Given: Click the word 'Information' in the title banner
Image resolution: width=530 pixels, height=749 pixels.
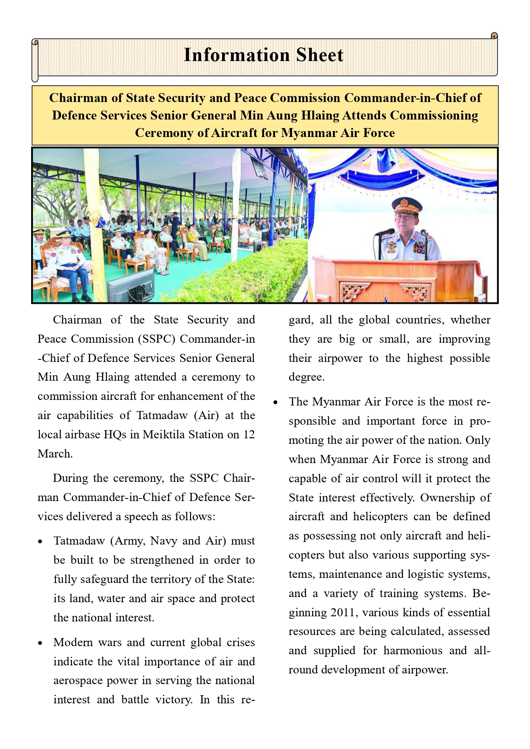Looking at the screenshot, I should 237,55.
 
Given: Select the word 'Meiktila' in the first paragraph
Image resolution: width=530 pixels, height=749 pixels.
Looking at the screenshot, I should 166,434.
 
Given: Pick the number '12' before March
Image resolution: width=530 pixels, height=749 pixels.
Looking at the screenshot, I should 249,434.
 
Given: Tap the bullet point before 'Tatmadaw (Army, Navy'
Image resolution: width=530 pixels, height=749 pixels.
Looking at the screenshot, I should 40,542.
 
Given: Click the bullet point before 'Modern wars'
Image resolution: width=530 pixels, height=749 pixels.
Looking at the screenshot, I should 40,643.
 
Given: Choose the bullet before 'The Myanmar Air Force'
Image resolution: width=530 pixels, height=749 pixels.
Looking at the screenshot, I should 275,402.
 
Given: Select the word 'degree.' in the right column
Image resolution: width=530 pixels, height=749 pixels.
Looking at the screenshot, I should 307,377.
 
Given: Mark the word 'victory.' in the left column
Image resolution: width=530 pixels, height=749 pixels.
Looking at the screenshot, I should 174,699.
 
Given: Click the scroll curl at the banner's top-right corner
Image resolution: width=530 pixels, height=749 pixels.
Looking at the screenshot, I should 494,36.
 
